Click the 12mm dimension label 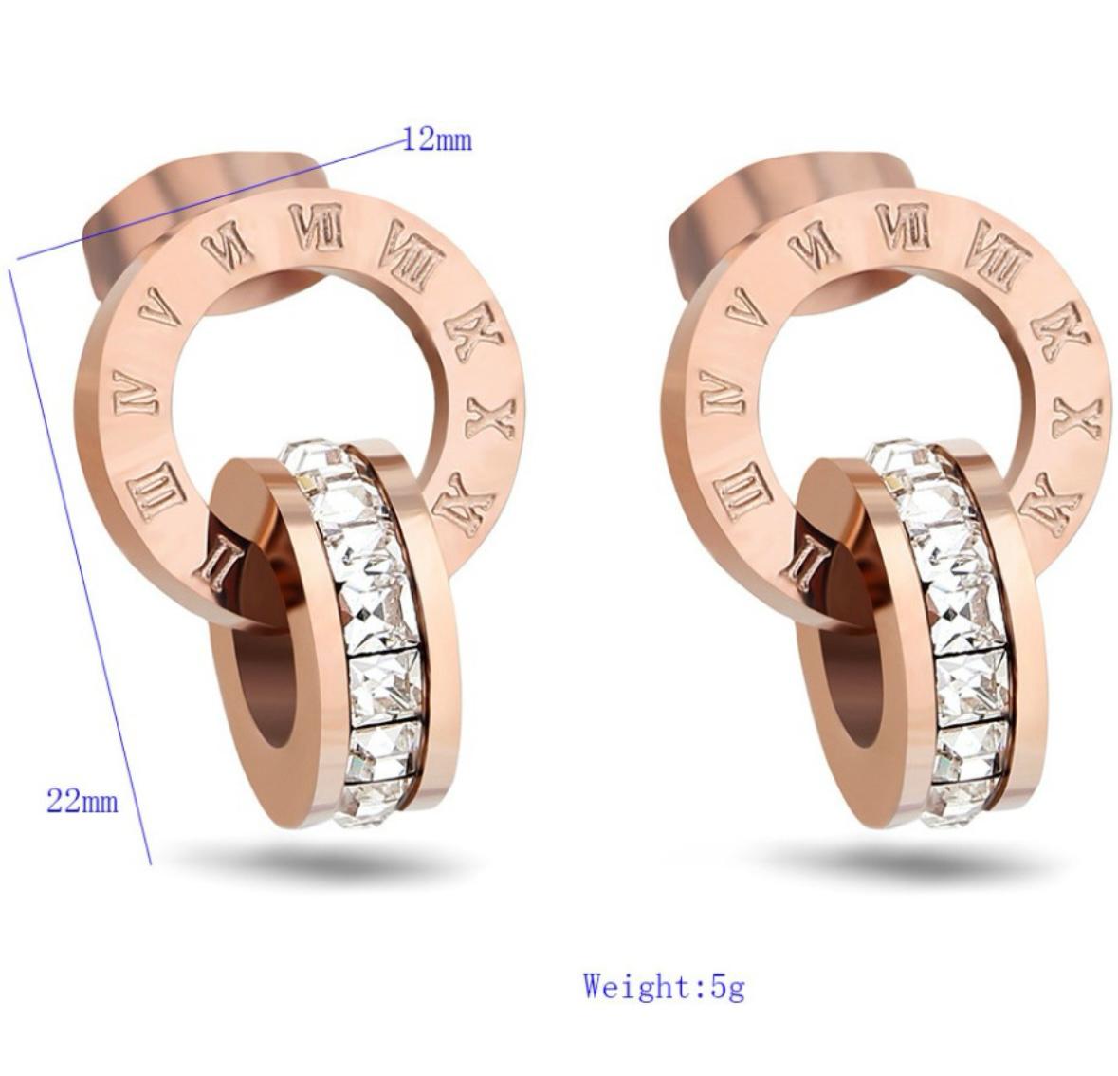pos(438,139)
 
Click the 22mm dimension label pos(82,801)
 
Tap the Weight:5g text pos(664,987)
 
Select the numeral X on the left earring pos(490,417)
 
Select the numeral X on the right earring pos(1077,417)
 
